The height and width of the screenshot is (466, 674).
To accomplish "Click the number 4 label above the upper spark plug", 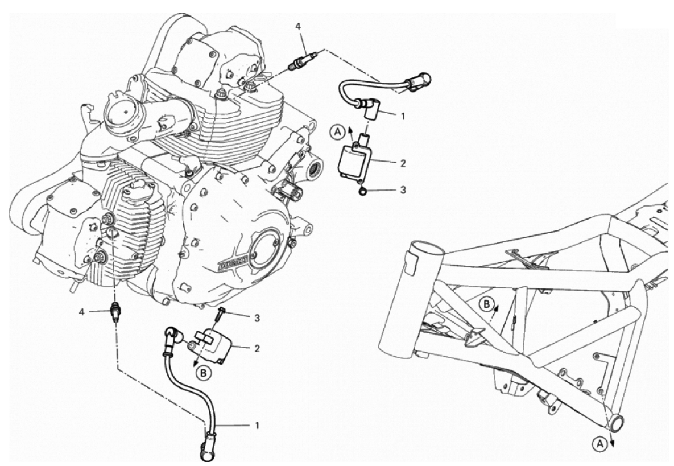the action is click(x=298, y=26).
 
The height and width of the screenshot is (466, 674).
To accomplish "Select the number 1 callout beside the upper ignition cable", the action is click(x=402, y=116).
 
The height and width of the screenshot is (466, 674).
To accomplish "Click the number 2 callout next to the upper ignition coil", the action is click(x=402, y=163).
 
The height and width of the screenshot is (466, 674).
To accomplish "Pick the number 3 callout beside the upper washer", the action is click(x=402, y=189).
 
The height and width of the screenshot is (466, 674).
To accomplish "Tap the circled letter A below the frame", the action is click(x=601, y=444).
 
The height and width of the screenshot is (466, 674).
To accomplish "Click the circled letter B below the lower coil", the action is click(x=203, y=373).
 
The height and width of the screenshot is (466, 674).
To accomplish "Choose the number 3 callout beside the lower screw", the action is click(x=257, y=318).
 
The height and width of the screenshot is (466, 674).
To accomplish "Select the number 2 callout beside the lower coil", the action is click(x=257, y=348).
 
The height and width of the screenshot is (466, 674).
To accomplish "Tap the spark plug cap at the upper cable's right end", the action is click(x=417, y=82).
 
